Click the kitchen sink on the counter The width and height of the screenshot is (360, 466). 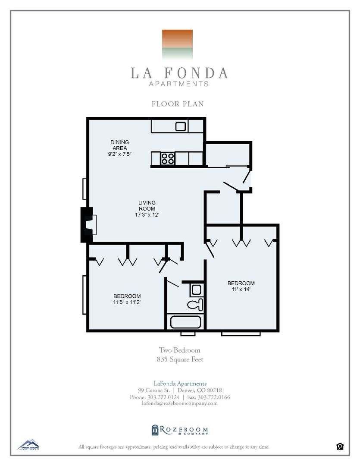click(x=181, y=126)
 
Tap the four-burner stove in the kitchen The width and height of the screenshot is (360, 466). click(x=168, y=159)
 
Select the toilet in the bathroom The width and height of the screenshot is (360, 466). click(x=195, y=304)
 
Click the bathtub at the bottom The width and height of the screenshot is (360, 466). click(x=186, y=322)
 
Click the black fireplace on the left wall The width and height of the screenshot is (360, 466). click(x=88, y=225)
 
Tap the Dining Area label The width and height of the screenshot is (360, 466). click(x=119, y=145)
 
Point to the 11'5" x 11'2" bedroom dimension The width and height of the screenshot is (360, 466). click(x=127, y=302)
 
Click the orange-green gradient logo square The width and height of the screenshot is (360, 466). click(x=177, y=44)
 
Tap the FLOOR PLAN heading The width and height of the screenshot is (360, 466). click(x=178, y=104)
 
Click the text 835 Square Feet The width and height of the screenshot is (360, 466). click(x=180, y=359)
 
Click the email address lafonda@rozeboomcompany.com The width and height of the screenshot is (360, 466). click(x=180, y=403)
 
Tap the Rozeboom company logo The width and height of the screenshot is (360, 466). click(x=179, y=430)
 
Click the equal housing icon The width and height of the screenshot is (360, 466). click(x=340, y=447)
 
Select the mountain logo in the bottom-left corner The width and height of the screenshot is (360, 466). click(x=28, y=444)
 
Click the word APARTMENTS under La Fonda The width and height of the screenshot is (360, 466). click(x=179, y=84)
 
